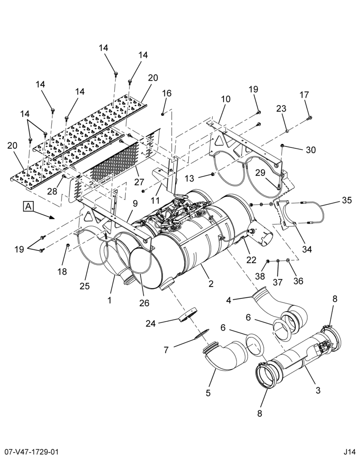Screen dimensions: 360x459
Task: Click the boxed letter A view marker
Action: click(28, 206)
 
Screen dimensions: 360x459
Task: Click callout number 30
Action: click(311, 150)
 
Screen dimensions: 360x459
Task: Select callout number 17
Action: click(304, 95)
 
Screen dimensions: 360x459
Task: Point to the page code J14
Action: click(350, 453)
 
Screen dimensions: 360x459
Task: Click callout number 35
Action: click(346, 201)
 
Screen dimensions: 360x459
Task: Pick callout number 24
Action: click(151, 324)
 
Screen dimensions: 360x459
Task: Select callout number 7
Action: click(166, 349)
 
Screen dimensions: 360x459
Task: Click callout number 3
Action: click(318, 390)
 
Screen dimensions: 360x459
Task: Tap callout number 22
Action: click(251, 259)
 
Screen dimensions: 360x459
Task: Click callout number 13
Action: click(190, 178)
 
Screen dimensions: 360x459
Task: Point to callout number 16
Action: click(167, 93)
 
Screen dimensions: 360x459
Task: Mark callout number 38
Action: click(260, 276)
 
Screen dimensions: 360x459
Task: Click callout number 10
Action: click(225, 99)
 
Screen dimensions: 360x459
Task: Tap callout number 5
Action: click(208, 393)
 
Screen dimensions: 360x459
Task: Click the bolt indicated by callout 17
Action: click(309, 118)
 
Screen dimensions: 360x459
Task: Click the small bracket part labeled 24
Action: click(187, 314)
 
